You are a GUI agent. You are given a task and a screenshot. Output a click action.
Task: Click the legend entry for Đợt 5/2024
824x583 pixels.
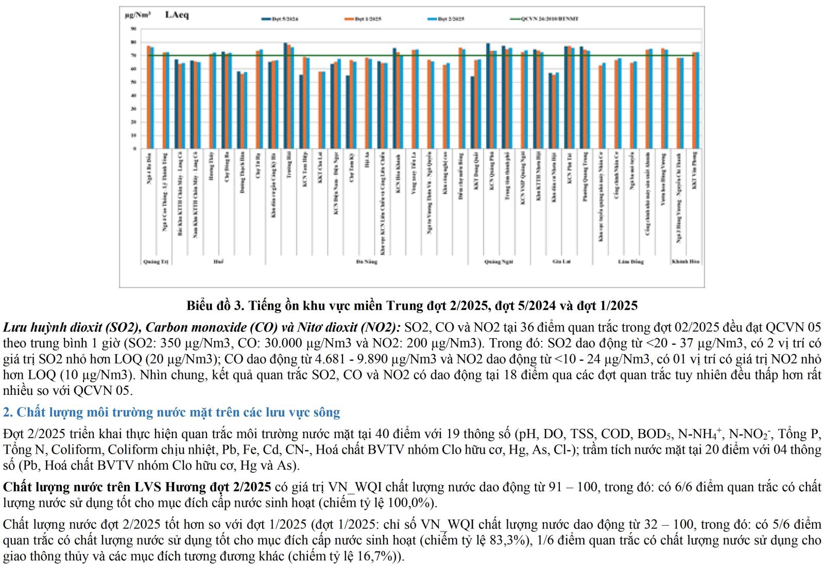280,19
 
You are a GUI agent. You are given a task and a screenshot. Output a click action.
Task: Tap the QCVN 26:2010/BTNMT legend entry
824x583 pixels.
544,19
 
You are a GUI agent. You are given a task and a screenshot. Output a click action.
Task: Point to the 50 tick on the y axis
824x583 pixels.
133,82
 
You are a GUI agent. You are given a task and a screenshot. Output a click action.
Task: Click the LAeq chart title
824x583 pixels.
177,15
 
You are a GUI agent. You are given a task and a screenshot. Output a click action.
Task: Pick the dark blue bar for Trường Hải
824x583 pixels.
285,96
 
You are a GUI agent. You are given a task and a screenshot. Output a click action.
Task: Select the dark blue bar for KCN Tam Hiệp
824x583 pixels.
301,112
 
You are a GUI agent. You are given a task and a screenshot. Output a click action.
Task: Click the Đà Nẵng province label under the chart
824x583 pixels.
367,262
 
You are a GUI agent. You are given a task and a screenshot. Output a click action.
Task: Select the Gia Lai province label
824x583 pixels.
561,262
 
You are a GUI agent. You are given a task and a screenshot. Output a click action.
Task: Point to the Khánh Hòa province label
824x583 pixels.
685,262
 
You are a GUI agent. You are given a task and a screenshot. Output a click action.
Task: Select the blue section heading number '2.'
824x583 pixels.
8,412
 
